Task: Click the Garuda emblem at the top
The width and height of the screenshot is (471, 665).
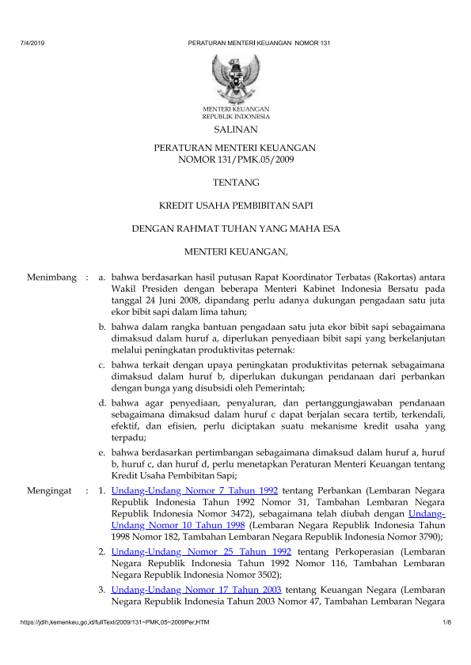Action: pos(235,77)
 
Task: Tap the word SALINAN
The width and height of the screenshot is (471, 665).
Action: pos(235,129)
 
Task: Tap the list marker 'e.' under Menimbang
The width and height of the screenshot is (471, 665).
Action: pos(102,453)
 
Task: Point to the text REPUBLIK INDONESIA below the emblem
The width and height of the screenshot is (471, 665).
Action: pos(235,115)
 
